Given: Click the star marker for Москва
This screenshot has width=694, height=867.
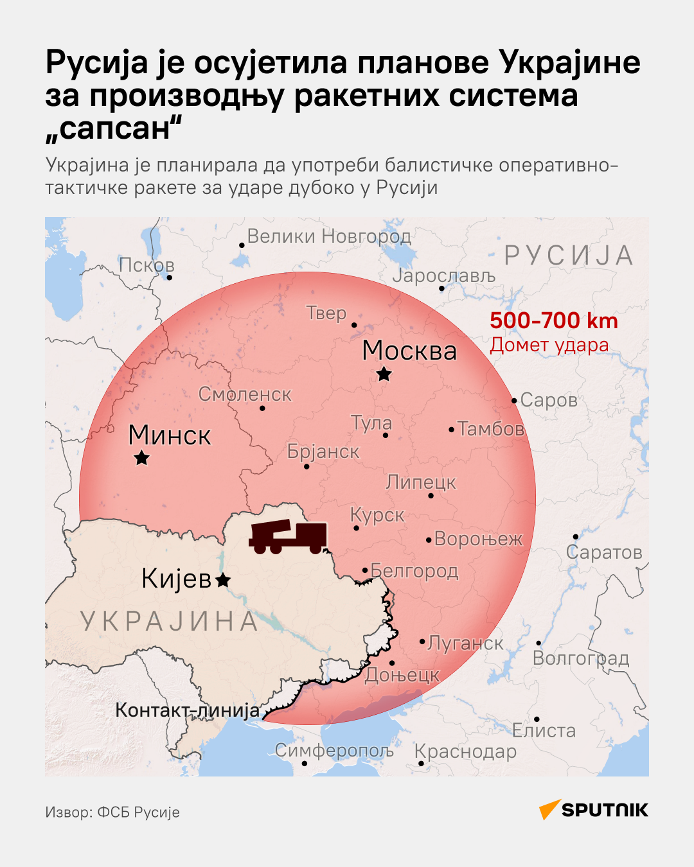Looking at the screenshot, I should [x=384, y=374].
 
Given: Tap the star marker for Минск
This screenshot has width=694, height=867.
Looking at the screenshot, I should [x=141, y=458].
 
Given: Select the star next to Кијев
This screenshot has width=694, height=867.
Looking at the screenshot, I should [x=222, y=581].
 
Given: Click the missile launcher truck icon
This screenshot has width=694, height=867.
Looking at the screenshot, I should [x=288, y=537].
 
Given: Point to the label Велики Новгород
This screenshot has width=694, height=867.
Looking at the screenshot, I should [x=329, y=236].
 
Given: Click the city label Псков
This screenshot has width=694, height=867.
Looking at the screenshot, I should [x=147, y=265].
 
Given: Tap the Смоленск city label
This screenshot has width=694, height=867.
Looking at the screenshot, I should [x=244, y=394].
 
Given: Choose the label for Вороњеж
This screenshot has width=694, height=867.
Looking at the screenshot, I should [x=478, y=538].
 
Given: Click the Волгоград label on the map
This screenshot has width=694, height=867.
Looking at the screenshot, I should [x=581, y=658].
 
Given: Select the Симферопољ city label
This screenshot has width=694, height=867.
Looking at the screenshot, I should [x=334, y=750].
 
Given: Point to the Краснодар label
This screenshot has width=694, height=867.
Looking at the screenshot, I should [x=465, y=751].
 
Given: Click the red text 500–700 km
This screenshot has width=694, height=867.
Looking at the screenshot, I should [x=554, y=320].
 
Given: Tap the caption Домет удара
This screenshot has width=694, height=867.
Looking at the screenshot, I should [x=549, y=345].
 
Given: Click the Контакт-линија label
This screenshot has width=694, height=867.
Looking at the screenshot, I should [x=188, y=710].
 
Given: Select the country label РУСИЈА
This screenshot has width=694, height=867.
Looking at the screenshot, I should [x=569, y=256].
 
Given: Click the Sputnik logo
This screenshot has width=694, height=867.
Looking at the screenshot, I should [x=594, y=810].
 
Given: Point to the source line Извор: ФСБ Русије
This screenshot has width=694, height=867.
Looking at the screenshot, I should [x=112, y=812].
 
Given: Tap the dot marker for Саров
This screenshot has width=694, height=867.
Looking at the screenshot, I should [x=514, y=401].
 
